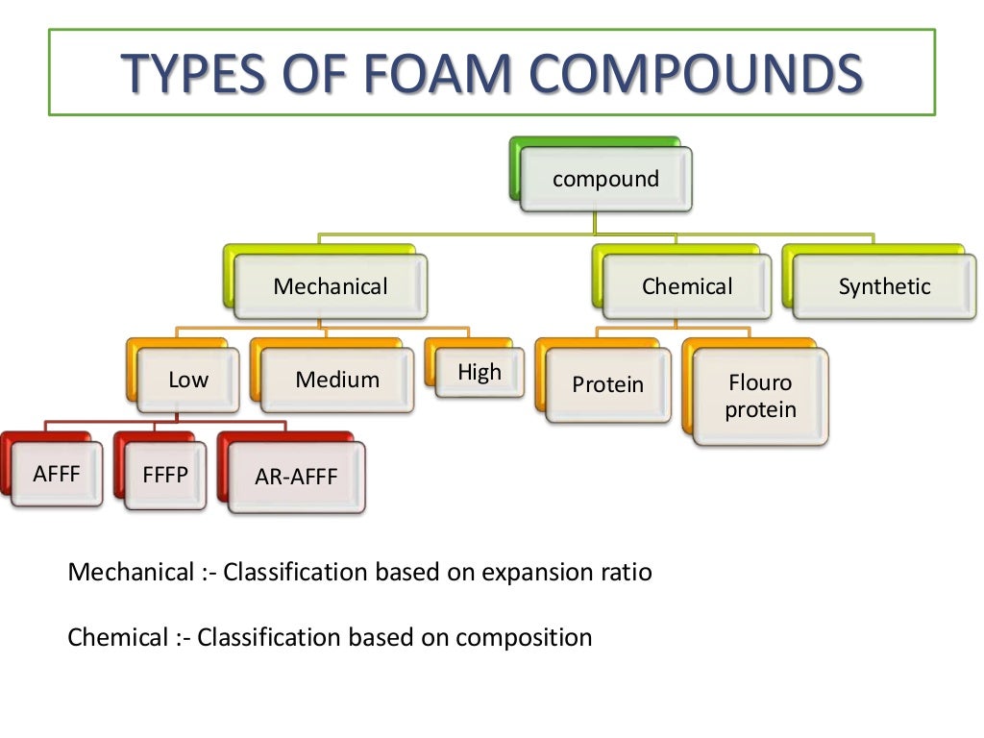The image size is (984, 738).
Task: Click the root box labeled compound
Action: (x=605, y=179)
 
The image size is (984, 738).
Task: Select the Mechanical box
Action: (x=331, y=286)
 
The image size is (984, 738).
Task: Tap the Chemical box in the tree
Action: (x=687, y=286)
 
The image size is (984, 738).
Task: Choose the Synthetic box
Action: (x=884, y=286)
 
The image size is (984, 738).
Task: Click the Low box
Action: (x=188, y=380)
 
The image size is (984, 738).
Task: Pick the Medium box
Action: (x=337, y=380)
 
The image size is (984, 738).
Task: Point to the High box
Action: (x=480, y=372)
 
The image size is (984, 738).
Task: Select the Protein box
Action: (x=607, y=384)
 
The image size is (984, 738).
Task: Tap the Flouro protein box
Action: (x=760, y=397)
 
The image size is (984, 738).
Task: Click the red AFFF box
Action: (x=57, y=474)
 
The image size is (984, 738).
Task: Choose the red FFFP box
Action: (x=165, y=475)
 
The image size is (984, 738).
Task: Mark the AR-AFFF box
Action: (x=296, y=477)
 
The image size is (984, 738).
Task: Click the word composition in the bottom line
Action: (x=524, y=637)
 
